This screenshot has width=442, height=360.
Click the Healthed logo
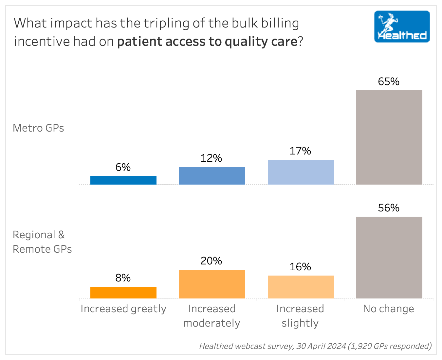pyautogui.click(x=402, y=27)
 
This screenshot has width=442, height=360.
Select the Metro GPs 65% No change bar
pyautogui.click(x=389, y=137)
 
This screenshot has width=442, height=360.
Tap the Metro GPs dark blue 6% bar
pyautogui.click(x=123, y=180)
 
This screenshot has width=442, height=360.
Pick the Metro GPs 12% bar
pyautogui.click(x=212, y=176)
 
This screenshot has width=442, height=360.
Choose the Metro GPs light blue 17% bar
pyautogui.click(x=301, y=172)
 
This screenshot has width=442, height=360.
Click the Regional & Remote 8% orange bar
pyautogui.click(x=123, y=293)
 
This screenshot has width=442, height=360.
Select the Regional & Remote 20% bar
pyautogui.click(x=212, y=284)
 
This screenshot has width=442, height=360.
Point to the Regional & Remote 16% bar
pyautogui.click(x=301, y=287)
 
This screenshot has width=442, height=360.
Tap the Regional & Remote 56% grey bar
pyautogui.click(x=389, y=258)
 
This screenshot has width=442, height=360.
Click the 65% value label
pyautogui.click(x=389, y=81)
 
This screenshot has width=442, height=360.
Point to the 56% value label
pyautogui.click(x=389, y=208)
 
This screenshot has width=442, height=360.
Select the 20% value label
pyautogui.click(x=212, y=261)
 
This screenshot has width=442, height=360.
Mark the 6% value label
pyautogui.click(x=123, y=167)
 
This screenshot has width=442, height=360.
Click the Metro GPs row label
pyautogui.click(x=38, y=128)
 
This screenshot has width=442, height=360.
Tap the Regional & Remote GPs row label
pyautogui.click(x=42, y=242)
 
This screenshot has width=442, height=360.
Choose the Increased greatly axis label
pyautogui.click(x=123, y=309)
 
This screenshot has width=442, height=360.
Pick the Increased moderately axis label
pyautogui.click(x=212, y=316)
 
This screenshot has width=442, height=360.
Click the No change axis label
pyautogui.click(x=389, y=309)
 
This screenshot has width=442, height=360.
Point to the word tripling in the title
pyautogui.click(x=146, y=23)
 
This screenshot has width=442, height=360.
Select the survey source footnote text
pyautogui.click(x=315, y=346)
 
